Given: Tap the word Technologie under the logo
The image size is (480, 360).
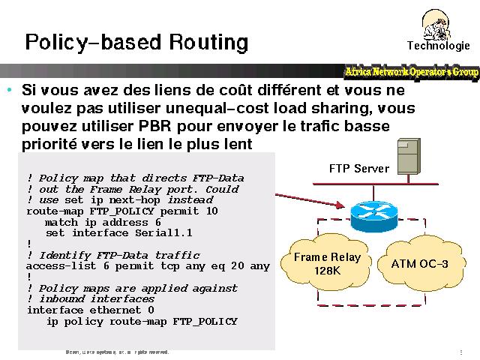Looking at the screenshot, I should point(438,45).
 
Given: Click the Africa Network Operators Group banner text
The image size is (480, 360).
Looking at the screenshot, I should point(411,72).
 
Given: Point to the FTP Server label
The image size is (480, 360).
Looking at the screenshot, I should point(359,169).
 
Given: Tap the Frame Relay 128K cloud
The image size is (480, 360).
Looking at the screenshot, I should point(327,263).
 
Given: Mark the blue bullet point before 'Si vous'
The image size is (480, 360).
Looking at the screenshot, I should point(9,91).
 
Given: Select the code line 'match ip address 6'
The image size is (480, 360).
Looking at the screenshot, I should point(103,222).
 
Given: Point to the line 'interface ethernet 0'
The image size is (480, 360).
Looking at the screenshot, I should point(90,310).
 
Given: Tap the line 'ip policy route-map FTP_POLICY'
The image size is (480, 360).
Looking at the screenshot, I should point(142,321).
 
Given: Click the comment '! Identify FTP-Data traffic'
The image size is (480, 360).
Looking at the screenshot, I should point(113,255).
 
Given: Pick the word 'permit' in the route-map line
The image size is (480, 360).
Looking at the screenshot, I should point(180,211).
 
